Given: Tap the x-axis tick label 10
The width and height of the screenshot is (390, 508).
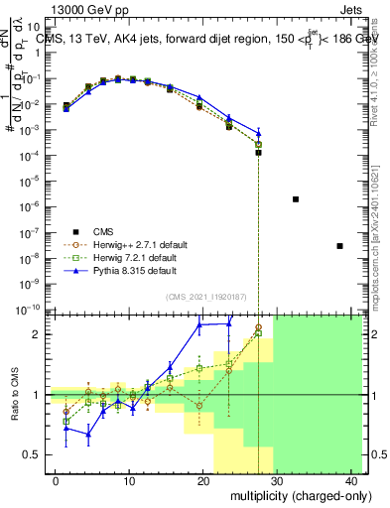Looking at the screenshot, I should coord(129,480).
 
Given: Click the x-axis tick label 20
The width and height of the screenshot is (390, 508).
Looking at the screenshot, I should coord(203,480).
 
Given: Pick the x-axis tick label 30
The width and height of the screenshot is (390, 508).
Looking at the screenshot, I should coord(278,480).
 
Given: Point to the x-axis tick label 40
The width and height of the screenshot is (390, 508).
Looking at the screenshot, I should coord(351,480).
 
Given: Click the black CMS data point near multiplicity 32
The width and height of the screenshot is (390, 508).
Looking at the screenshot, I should coord(296,199).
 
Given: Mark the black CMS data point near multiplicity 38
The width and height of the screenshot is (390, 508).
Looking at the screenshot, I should coord(340,246).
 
